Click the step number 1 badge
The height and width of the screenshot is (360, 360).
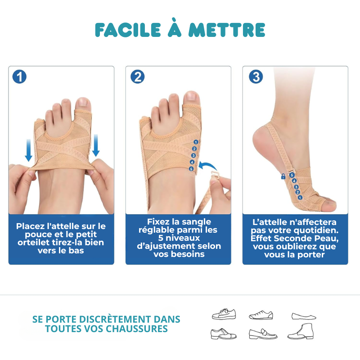point(19,76)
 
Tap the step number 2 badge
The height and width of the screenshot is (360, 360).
point(138,76)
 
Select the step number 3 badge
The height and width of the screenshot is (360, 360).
point(256,76)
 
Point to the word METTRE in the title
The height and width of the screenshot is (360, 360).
point(227,30)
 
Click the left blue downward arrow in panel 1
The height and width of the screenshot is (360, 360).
point(28,150)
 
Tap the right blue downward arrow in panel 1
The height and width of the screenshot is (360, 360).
point(96,145)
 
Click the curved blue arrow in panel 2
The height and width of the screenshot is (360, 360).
point(207,166)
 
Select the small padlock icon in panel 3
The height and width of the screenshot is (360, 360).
point(283,176)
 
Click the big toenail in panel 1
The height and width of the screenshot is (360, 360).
point(83,102)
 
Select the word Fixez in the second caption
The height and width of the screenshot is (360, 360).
point(158,221)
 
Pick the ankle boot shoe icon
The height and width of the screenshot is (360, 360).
point(301,331)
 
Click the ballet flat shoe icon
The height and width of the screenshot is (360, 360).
point(304,316)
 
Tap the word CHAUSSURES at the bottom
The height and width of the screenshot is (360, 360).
point(137,329)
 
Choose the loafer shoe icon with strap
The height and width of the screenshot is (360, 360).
point(263,334)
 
